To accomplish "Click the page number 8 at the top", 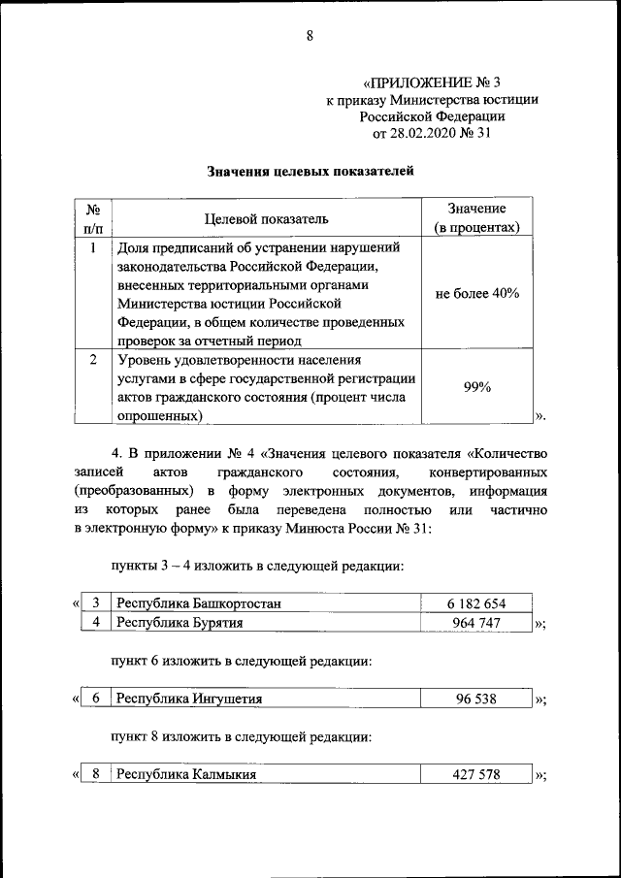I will [310, 37].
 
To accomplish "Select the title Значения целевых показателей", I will [310, 172].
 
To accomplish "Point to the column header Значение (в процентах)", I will [476, 218].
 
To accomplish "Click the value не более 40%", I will [476, 293].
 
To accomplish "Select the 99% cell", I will [476, 386].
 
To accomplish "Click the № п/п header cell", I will [94, 218].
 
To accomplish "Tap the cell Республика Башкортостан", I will [199, 603].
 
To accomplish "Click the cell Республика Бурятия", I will [180, 623].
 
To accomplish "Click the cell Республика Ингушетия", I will [189, 699].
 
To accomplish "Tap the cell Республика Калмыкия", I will [187, 774].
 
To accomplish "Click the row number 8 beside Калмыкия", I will [95, 774].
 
